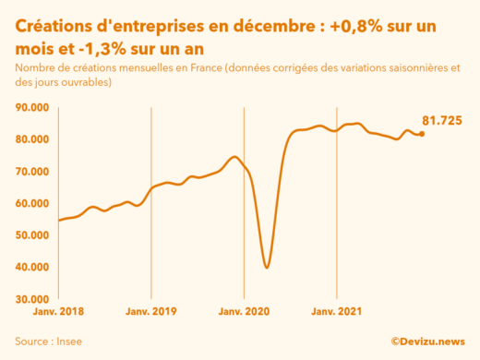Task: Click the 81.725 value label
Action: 441,121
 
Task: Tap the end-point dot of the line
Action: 422,134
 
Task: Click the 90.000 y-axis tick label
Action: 32,107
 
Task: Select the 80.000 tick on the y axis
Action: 32,139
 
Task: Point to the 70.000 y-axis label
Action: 32,172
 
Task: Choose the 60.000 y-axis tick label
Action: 32,203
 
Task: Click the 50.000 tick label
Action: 32,235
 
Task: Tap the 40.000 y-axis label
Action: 32,268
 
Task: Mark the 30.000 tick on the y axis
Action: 32,299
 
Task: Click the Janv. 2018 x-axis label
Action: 58,312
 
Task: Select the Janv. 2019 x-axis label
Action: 150,312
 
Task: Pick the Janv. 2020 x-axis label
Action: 243,312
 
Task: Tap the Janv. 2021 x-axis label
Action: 335,312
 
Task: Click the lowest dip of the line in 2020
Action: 267,267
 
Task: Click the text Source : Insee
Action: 48,342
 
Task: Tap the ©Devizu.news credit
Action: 427,342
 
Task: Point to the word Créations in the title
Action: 57,22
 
